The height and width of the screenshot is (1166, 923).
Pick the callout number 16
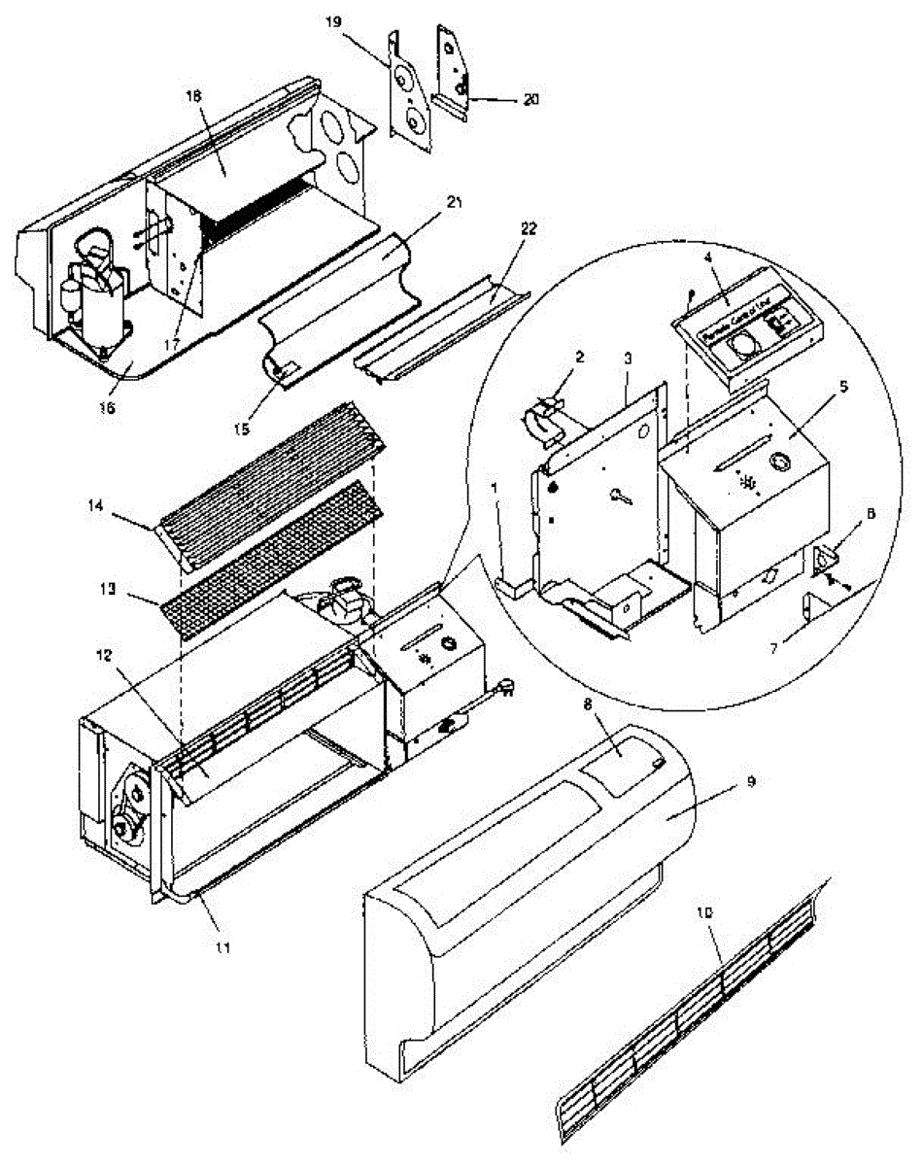pos(106,408)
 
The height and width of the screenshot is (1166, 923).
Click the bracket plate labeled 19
pos(411,92)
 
